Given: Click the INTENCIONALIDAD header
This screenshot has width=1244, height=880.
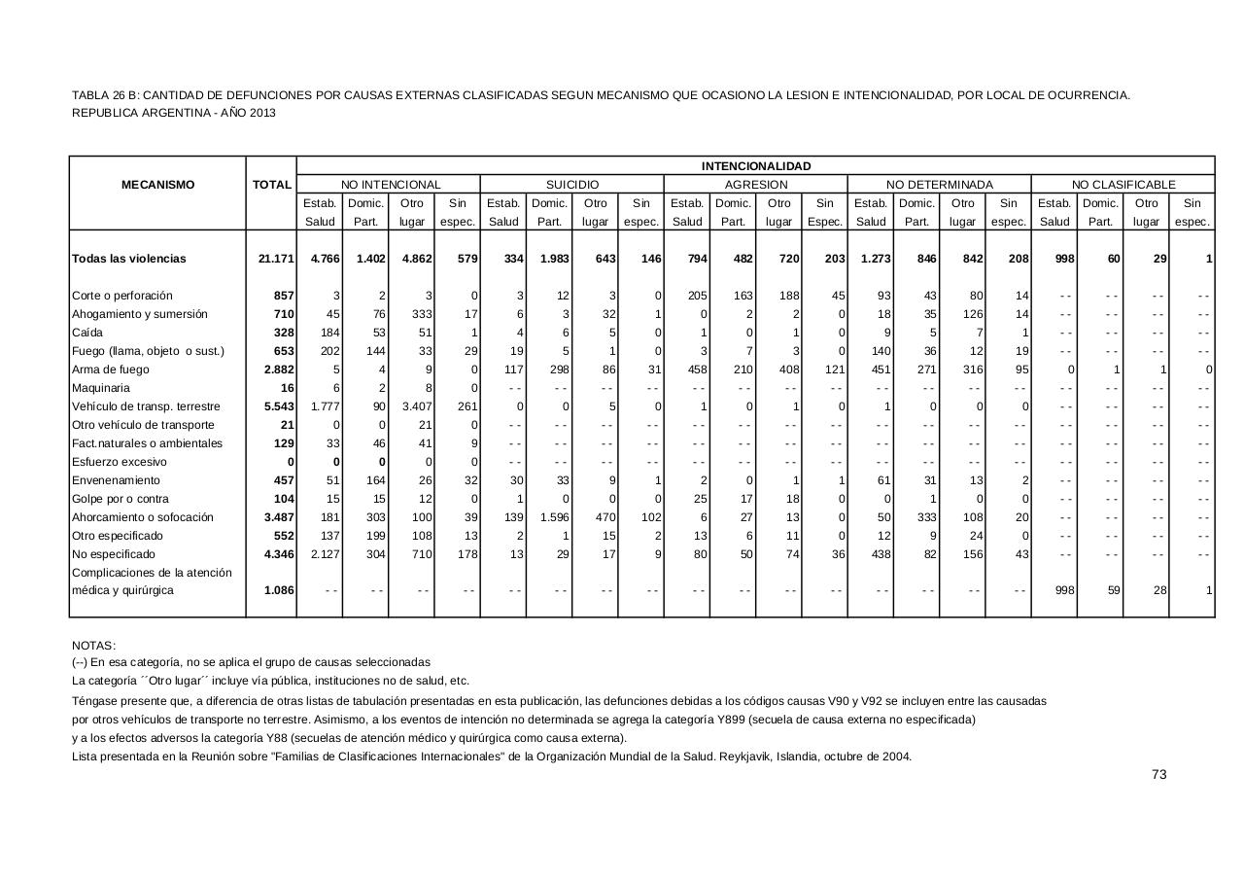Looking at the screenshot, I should pyautogui.click(x=756, y=166).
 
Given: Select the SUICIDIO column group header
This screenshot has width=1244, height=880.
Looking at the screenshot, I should pyautogui.click(x=572, y=185).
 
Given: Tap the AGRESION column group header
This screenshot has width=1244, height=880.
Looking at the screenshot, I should pyautogui.click(x=756, y=185).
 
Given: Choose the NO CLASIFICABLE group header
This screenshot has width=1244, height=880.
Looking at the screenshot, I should pyautogui.click(x=1123, y=185).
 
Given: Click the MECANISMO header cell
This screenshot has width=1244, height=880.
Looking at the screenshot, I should pyautogui.click(x=157, y=185).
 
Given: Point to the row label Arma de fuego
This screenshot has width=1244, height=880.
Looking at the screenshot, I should pyautogui.click(x=110, y=370).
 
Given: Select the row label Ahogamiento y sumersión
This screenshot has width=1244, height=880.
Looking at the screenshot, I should pyautogui.click(x=140, y=314).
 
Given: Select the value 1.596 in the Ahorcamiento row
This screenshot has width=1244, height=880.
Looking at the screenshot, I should pyautogui.click(x=553, y=517).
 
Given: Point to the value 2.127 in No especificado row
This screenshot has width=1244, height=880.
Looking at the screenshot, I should pyautogui.click(x=324, y=554).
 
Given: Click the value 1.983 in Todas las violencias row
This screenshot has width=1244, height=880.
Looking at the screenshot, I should pyautogui.click(x=553, y=259).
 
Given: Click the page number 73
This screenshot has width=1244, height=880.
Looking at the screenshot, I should pyautogui.click(x=1158, y=774).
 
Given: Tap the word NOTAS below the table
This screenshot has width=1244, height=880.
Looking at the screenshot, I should pyautogui.click(x=93, y=646).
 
